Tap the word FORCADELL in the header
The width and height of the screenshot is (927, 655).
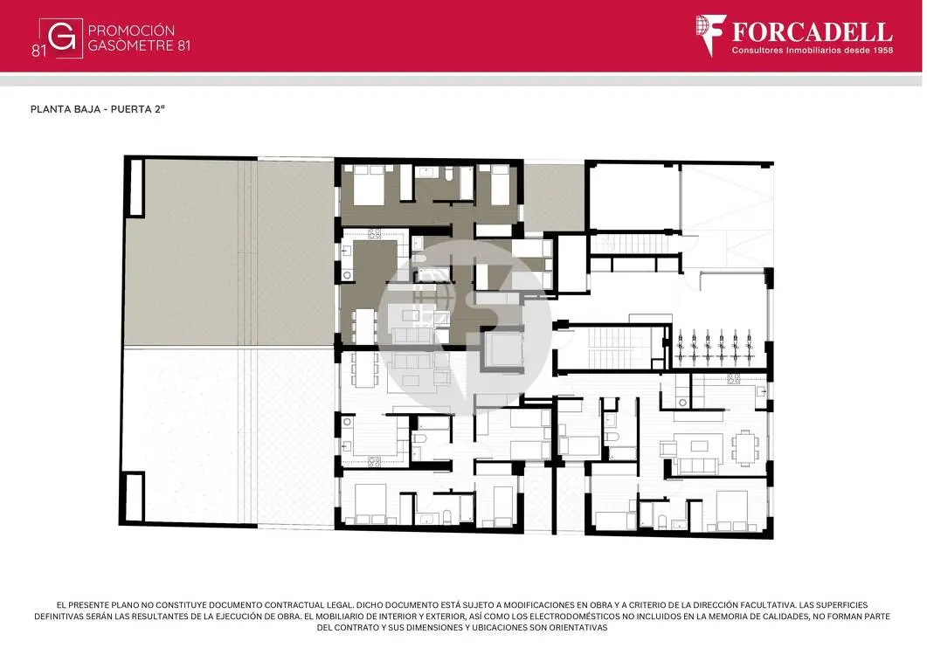point(813,32)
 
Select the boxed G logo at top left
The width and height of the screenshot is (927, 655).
point(61,38)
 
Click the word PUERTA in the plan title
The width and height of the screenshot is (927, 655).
point(127,109)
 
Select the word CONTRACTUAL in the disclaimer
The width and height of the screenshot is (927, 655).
point(294,604)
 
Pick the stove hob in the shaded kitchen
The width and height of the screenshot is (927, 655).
point(374,233)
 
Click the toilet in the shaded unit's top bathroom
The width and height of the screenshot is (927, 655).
point(448,173)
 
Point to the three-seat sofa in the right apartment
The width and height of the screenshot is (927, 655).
point(698,465)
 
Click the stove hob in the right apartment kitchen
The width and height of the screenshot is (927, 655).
point(734,378)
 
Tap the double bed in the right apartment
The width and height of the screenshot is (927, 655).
point(732,510)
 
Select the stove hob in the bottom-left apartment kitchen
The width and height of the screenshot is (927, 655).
point(374,462)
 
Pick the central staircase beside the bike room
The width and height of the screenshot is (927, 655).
point(611,347)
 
